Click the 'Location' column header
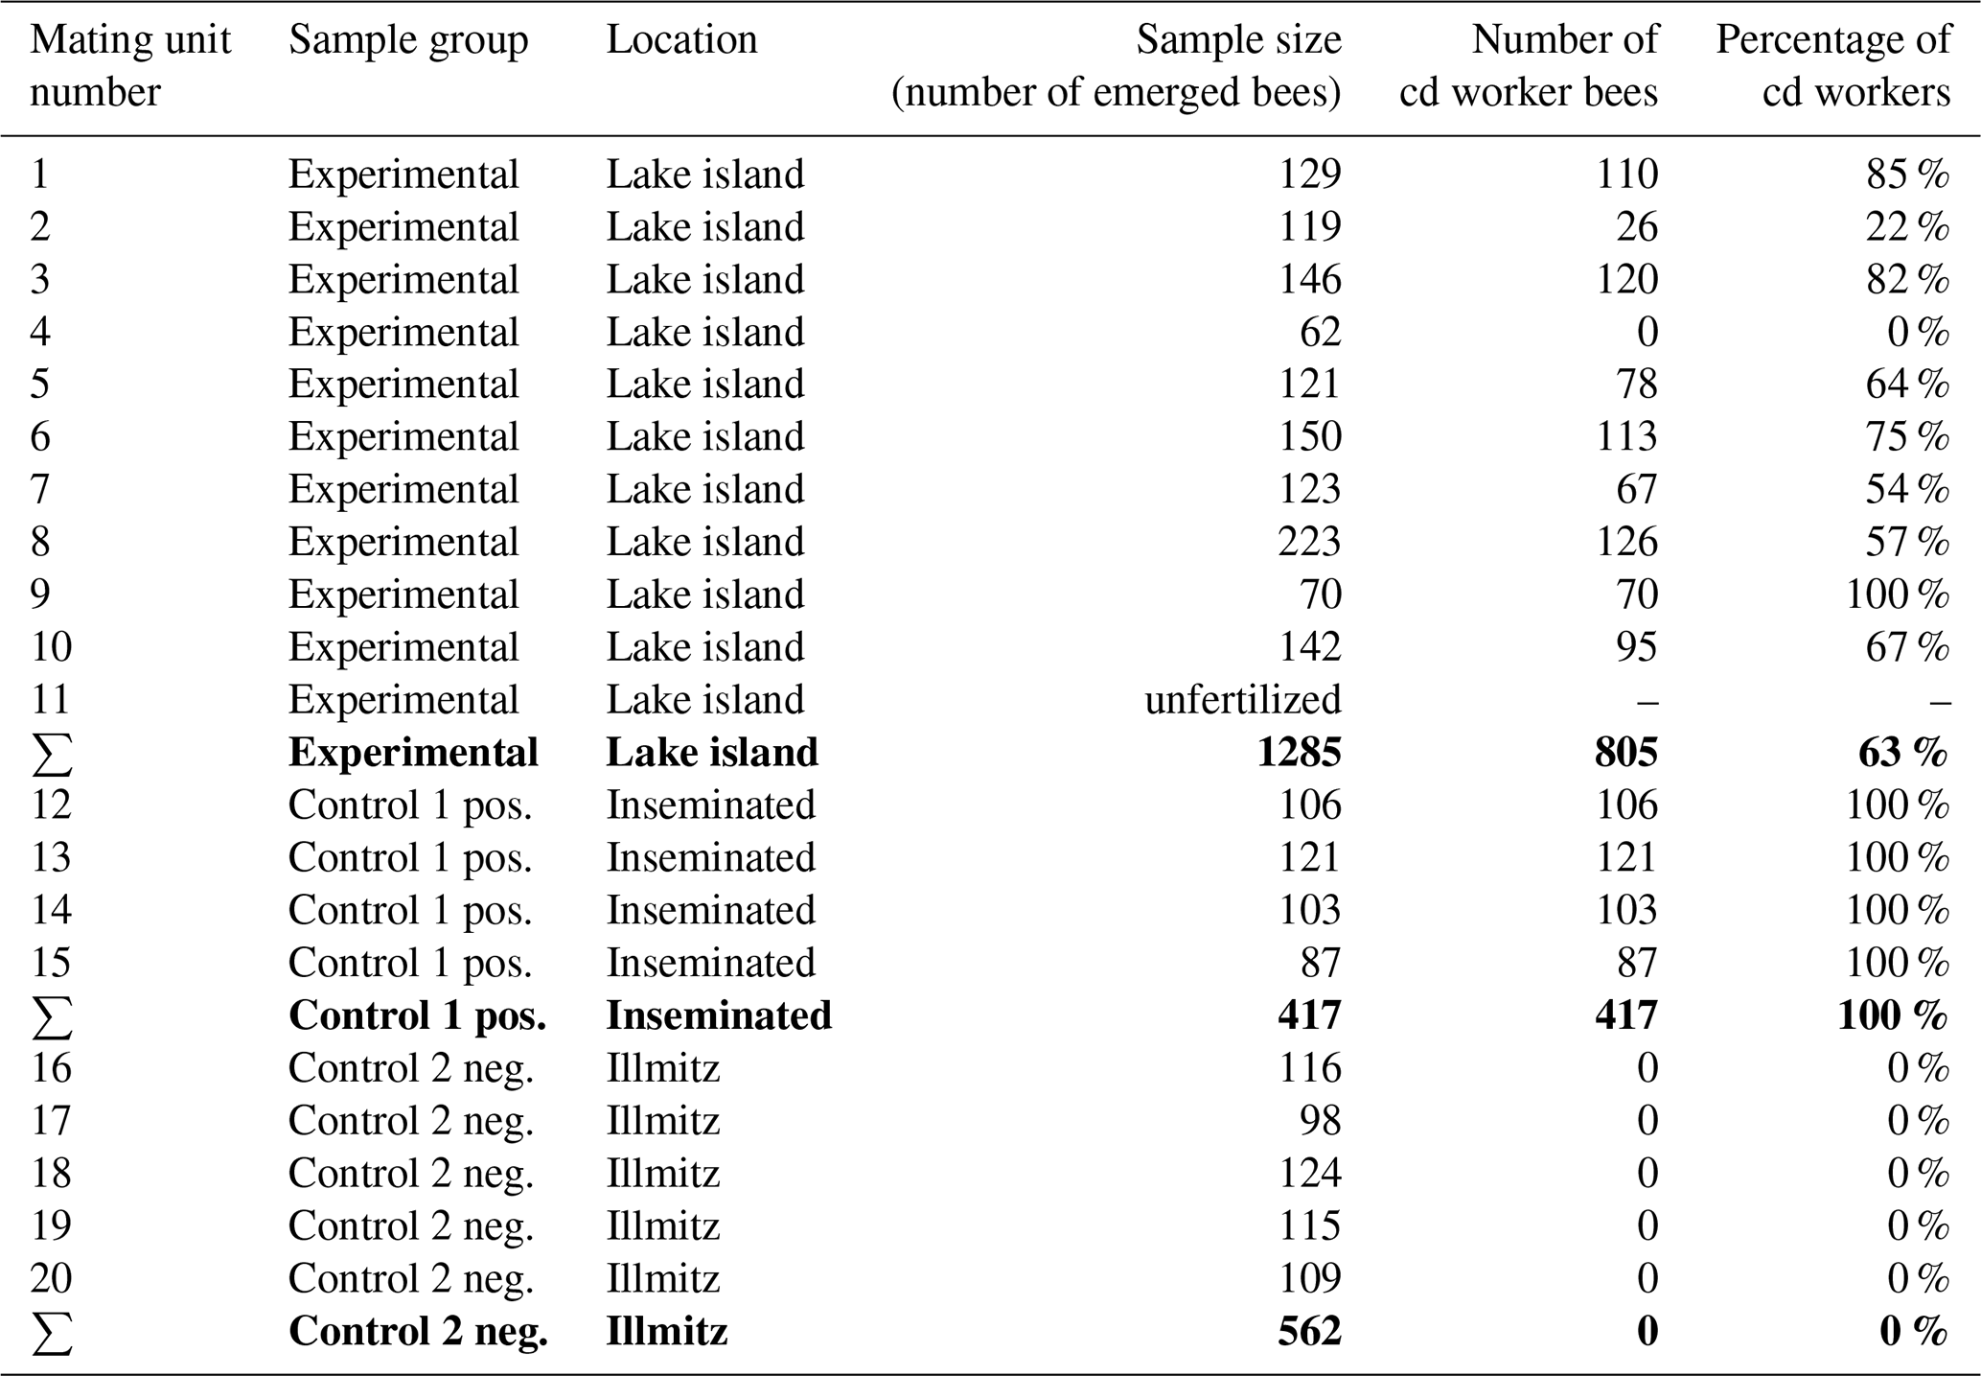pos(681,40)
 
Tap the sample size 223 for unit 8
pos(1309,542)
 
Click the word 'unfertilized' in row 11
pos(1243,699)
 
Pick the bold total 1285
pos(1299,752)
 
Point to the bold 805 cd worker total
pos(1626,752)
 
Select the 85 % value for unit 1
pos(1907,174)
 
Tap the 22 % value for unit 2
pos(1907,226)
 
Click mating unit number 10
pos(51,646)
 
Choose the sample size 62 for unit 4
pos(1320,332)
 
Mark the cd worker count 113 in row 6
pos(1626,436)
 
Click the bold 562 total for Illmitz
pos(1309,1331)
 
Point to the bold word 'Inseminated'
pos(719,1015)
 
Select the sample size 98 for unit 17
pos(1320,1120)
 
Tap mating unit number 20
pos(51,1278)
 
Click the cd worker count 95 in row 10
pos(1637,646)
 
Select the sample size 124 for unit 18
pos(1309,1173)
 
